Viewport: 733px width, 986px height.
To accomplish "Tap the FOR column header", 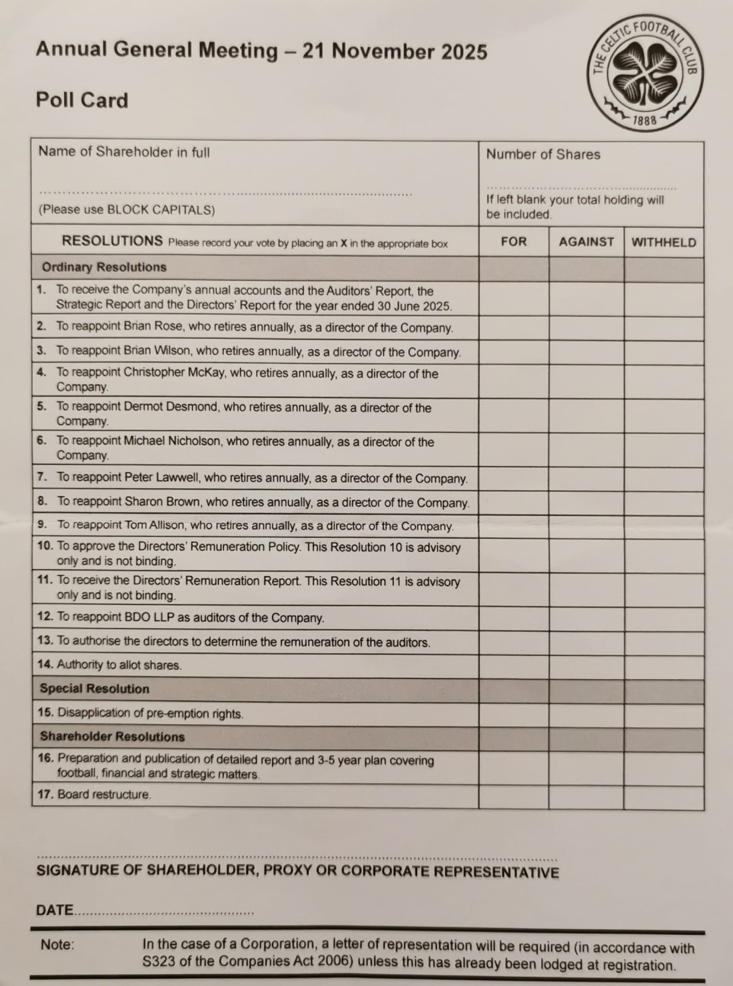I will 514,241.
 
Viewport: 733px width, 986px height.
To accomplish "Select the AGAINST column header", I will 586,242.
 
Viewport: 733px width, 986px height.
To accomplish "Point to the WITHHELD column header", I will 664,242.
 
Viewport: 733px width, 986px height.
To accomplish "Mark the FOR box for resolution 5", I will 514,415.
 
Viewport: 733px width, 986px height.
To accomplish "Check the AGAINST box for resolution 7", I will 586,479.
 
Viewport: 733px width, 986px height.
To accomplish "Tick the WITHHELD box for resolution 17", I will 664,797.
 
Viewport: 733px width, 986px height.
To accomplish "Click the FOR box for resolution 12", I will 514,618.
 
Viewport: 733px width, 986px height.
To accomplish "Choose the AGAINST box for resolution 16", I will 586,768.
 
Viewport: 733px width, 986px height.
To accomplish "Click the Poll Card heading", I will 82,100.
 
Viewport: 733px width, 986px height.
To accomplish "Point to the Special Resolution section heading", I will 94,688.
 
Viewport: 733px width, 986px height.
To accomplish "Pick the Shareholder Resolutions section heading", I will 112,736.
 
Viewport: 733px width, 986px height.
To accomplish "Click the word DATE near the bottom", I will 55,910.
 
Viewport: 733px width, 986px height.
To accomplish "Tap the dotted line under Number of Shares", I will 581,188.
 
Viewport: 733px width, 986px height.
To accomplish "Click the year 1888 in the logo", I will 644,121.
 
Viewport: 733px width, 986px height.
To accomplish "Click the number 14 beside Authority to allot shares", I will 45,664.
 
